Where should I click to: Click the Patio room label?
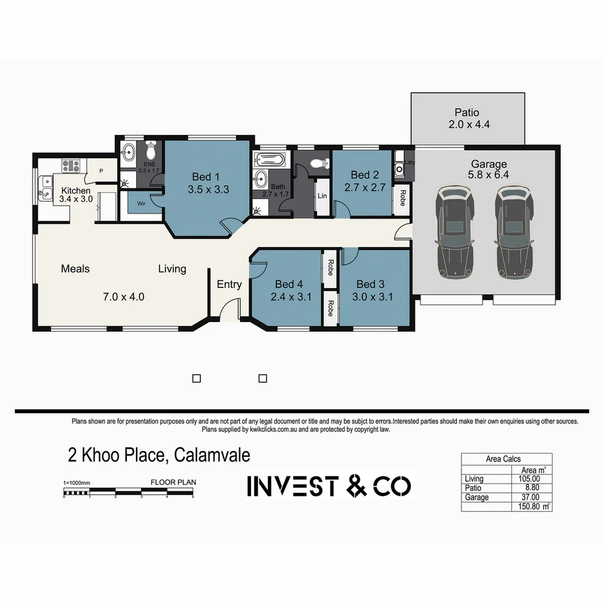tap(466, 112)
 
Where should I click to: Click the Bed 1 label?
tap(206, 177)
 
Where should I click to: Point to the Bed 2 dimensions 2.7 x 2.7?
tap(365, 187)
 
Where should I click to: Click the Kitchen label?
tap(75, 191)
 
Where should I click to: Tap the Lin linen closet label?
tap(322, 196)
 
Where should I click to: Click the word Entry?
tap(229, 284)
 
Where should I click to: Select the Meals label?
tap(75, 269)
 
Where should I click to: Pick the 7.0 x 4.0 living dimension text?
tap(124, 297)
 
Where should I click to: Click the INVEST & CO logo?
tap(329, 486)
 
